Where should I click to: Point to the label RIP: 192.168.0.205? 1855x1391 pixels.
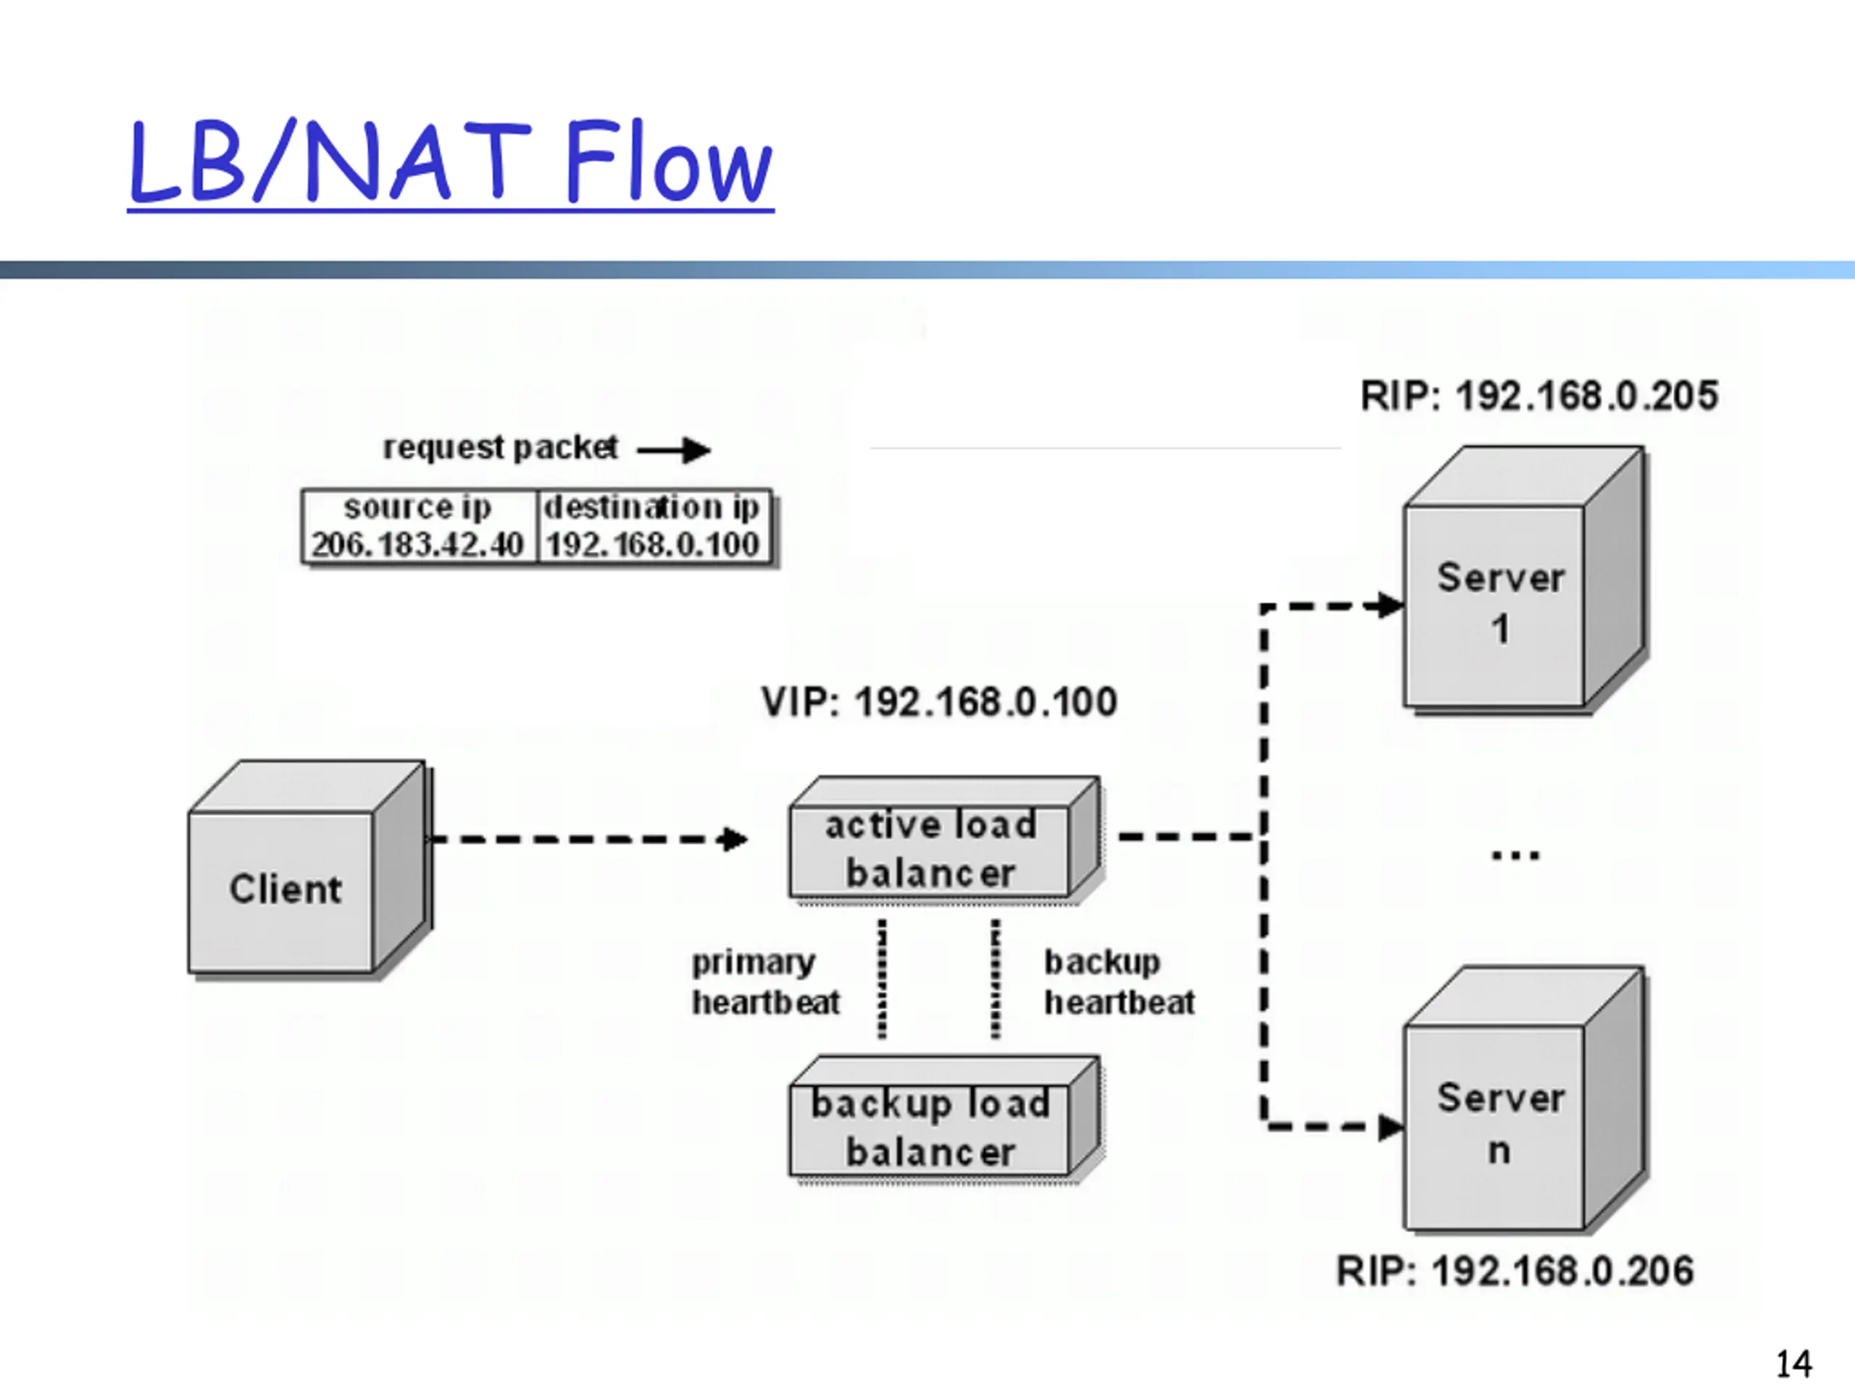[x=1539, y=396]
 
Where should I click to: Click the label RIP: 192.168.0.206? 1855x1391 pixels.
[x=1514, y=1271]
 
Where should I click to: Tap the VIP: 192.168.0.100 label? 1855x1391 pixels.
[x=939, y=702]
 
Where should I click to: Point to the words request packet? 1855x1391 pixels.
[x=501, y=448]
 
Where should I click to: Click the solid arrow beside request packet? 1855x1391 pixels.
[x=673, y=450]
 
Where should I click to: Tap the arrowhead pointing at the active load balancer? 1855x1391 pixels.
[x=735, y=838]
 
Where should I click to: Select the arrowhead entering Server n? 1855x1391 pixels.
[x=1392, y=1127]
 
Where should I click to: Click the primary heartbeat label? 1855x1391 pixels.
[x=764, y=982]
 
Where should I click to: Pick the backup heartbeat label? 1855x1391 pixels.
[x=1119, y=982]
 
